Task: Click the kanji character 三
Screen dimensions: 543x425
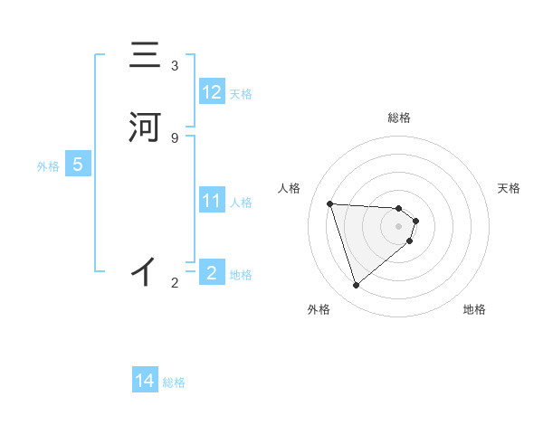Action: [145, 57]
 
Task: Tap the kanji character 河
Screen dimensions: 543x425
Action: [145, 127]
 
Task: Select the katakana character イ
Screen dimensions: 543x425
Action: [144, 270]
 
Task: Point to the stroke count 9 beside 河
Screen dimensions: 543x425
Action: [175, 137]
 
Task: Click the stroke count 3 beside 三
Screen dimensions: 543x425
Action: [175, 66]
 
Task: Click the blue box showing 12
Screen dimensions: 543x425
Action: [212, 91]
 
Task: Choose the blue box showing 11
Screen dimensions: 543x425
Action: [212, 200]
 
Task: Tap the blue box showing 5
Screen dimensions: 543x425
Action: [78, 165]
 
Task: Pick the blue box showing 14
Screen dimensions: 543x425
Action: [145, 381]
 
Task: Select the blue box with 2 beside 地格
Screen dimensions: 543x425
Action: [212, 272]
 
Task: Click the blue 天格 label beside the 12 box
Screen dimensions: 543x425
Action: [241, 93]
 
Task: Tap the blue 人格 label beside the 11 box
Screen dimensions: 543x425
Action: [242, 202]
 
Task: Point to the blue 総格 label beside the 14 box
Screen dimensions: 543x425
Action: [174, 382]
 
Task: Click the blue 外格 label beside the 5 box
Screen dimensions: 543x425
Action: [48, 166]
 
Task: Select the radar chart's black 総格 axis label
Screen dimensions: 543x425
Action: [399, 118]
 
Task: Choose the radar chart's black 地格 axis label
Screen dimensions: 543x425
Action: [474, 309]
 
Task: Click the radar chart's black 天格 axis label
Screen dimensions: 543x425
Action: [510, 188]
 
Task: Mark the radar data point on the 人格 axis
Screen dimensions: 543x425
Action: [330, 203]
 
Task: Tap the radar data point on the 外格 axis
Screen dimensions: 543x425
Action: [357, 286]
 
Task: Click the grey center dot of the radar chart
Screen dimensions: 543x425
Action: [399, 226]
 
